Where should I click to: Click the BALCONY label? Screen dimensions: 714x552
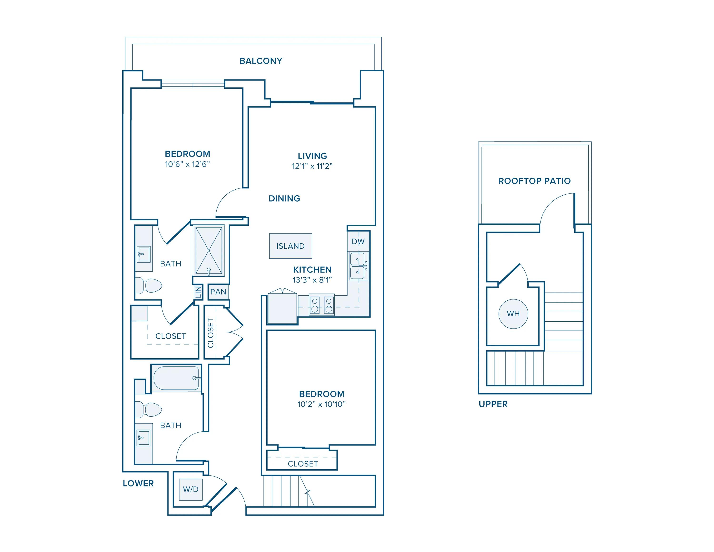click(261, 61)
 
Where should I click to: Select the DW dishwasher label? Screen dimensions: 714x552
click(358, 242)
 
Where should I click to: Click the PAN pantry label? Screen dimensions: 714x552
click(218, 292)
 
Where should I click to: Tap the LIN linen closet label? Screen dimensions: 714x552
click(198, 292)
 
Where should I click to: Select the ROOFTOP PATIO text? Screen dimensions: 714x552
click(534, 181)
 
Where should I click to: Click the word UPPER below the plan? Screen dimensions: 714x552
click(493, 404)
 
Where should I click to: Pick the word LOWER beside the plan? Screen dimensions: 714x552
click(138, 483)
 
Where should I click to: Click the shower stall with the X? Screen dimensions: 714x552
click(208, 251)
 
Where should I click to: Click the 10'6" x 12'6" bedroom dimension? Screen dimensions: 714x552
click(187, 164)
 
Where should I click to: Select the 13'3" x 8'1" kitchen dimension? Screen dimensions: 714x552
click(312, 280)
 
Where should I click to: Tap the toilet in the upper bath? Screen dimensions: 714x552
click(149, 286)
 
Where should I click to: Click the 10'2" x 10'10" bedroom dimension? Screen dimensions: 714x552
click(321, 405)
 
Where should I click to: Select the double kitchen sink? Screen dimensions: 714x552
click(358, 266)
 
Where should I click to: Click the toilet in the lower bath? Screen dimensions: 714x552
click(149, 410)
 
